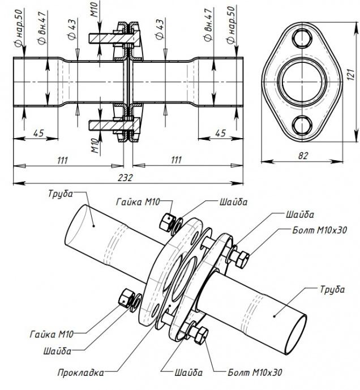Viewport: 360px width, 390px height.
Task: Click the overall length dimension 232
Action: (125, 177)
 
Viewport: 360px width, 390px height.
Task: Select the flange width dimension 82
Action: (305, 154)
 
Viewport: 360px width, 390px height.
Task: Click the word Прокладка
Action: (80, 373)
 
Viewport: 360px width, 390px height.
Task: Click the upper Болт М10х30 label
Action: (318, 230)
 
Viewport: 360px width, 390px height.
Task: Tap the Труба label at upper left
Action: (61, 194)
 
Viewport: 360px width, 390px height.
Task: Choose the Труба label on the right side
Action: (332, 289)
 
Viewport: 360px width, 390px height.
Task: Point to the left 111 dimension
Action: (63, 160)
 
